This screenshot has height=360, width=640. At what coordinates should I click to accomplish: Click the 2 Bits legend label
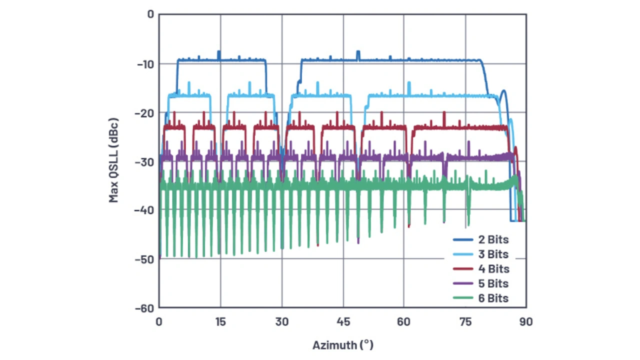click(x=490, y=239)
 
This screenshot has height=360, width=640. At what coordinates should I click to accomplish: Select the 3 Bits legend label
click(x=490, y=254)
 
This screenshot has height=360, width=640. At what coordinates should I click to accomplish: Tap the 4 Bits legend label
click(x=490, y=269)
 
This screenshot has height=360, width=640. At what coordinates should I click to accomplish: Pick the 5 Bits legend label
click(x=490, y=283)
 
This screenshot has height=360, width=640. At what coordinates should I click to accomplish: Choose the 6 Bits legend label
click(x=490, y=298)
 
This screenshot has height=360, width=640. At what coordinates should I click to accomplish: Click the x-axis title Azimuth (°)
click(x=343, y=345)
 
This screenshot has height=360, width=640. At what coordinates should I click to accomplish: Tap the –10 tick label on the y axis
click(x=144, y=64)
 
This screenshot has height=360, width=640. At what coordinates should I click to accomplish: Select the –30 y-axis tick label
click(x=144, y=161)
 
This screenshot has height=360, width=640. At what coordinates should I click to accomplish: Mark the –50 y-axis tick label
click(x=144, y=259)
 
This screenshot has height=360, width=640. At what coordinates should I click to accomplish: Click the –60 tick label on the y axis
click(x=144, y=308)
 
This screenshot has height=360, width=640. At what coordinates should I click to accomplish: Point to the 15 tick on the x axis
click(x=220, y=322)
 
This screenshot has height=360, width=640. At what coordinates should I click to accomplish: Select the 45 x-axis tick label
click(x=343, y=322)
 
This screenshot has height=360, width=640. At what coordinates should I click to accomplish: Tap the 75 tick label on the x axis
click(x=465, y=322)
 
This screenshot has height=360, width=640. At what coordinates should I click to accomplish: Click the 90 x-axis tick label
click(x=526, y=322)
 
